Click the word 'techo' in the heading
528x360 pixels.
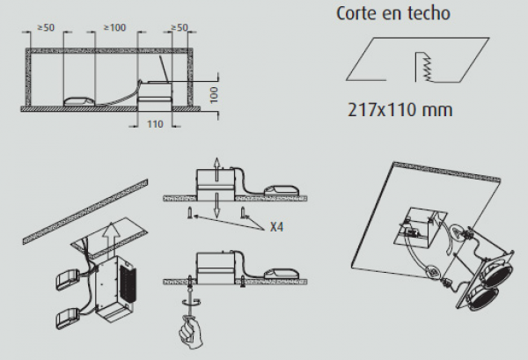429,13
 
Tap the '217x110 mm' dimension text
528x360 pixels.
400,110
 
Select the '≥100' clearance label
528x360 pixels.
114,27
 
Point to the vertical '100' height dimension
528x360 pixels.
214,95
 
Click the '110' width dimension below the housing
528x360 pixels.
155,124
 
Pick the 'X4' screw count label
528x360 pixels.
276,227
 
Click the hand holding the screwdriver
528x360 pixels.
190,332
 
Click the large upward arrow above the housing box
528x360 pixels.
111,239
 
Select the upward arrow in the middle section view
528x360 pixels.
217,168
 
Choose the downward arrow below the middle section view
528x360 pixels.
217,205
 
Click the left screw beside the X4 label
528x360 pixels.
191,213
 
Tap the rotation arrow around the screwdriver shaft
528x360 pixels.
191,303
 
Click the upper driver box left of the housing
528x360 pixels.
68,279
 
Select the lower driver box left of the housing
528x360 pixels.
68,319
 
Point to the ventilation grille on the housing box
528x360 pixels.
128,283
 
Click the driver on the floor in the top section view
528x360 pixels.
79,101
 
